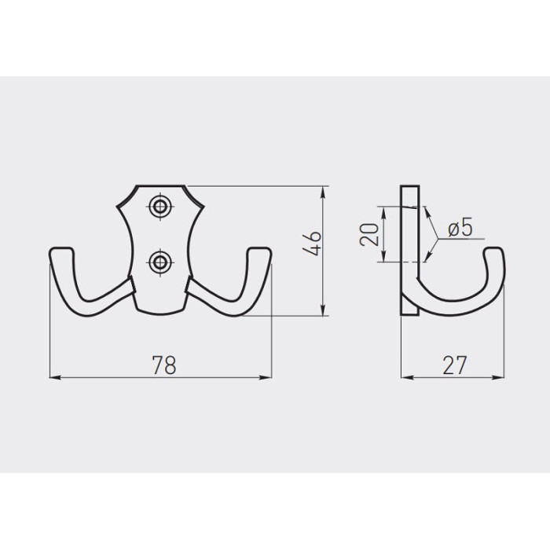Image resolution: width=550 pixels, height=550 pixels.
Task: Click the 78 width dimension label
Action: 164,365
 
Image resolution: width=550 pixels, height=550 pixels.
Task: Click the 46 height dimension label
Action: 312,244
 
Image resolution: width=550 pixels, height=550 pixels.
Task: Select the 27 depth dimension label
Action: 455,365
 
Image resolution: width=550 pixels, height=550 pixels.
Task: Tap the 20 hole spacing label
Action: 369,234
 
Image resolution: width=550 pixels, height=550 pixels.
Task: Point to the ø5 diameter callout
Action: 460,227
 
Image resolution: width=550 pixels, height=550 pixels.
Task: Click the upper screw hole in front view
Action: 160,206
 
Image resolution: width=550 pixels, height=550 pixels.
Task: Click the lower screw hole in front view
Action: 160,262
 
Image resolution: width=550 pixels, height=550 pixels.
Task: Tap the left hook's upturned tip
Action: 62,251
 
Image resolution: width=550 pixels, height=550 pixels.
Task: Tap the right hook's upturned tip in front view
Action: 259,251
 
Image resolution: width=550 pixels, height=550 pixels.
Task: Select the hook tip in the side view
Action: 494,251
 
